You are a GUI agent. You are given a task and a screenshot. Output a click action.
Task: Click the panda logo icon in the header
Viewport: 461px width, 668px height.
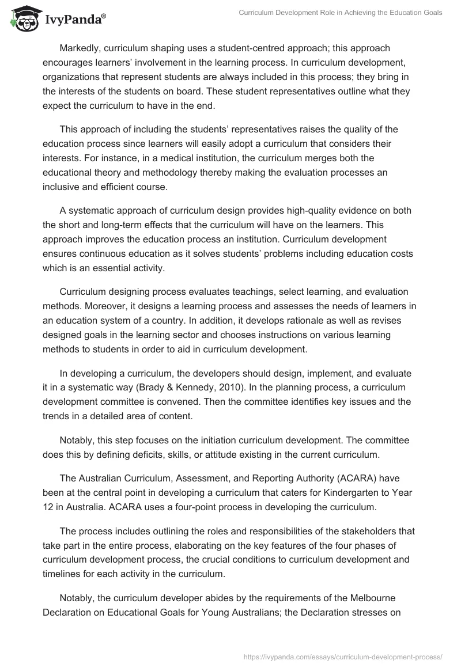tap(22, 20)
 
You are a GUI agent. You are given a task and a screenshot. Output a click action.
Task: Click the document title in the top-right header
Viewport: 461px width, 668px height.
tap(341, 13)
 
